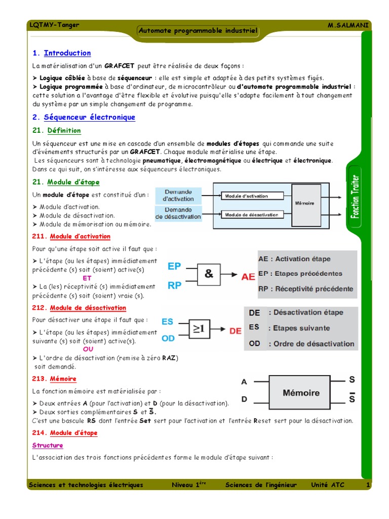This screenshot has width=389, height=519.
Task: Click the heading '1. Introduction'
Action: (x=61, y=53)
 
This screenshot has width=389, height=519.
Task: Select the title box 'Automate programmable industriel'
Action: (x=198, y=31)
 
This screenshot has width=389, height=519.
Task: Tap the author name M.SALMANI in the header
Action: (x=349, y=25)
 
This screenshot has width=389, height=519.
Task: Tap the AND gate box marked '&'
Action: (x=209, y=274)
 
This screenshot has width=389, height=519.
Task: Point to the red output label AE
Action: (x=248, y=277)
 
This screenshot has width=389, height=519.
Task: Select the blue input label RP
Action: (x=174, y=285)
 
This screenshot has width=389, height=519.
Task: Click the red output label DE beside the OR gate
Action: (x=236, y=331)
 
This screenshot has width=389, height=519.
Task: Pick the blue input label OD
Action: (x=168, y=338)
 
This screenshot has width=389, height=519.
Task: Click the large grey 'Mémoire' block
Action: (x=301, y=393)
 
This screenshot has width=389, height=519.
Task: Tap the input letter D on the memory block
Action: (x=244, y=399)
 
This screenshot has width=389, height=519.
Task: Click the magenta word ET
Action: (x=87, y=278)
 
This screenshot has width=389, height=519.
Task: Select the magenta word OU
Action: (x=88, y=349)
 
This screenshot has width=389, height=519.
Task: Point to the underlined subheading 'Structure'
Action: (x=48, y=446)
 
